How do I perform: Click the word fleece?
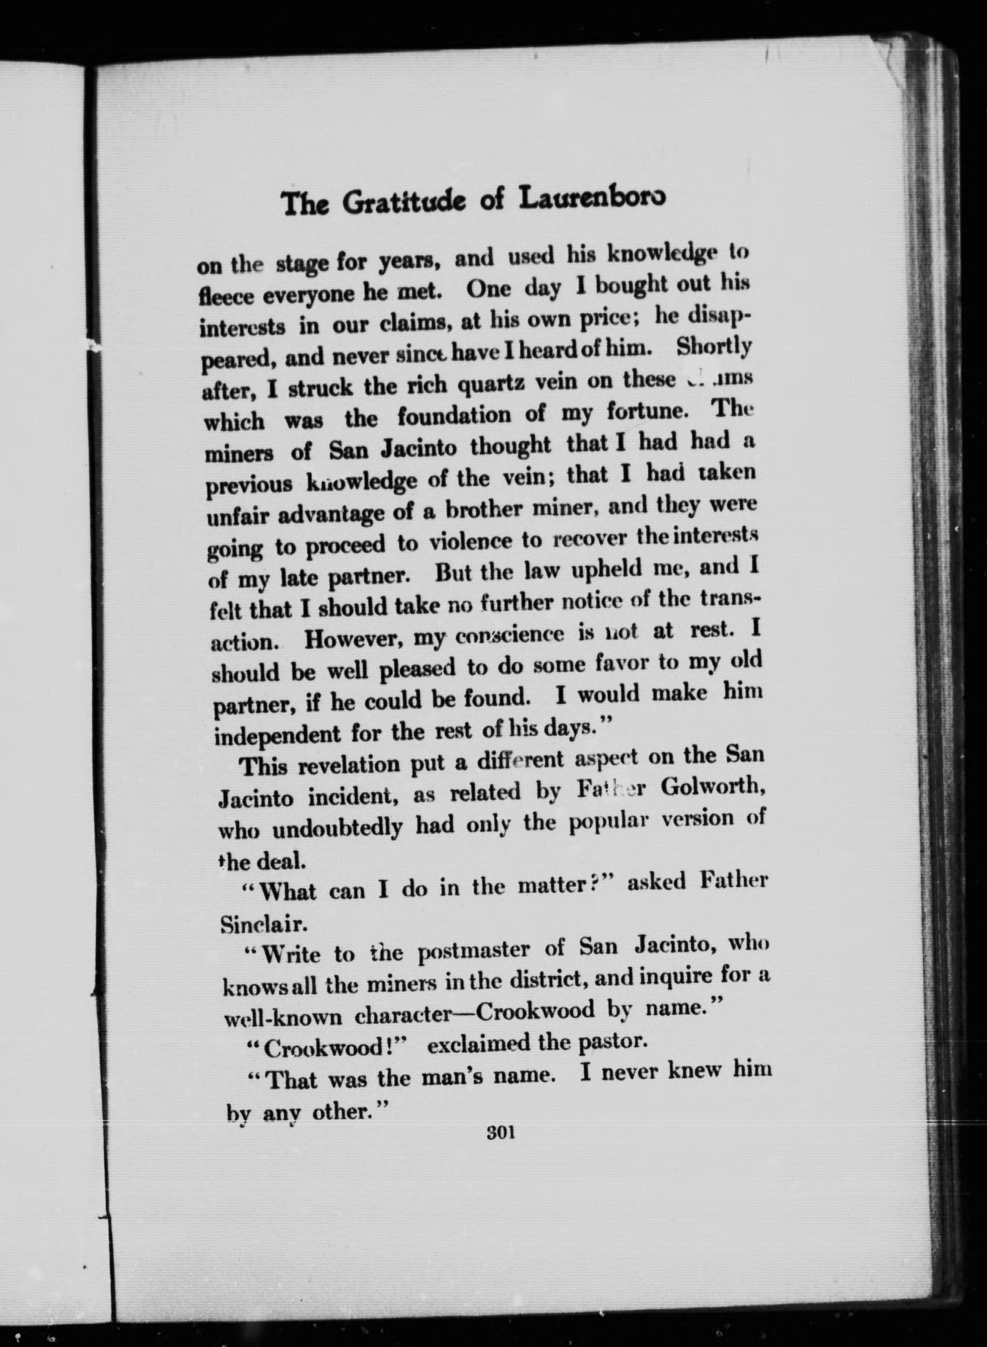(x=226, y=296)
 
